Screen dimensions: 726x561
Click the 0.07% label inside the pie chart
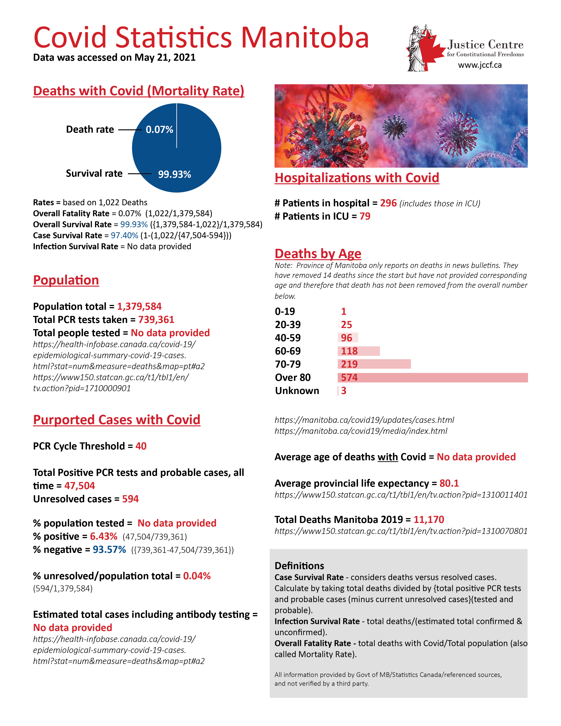[x=159, y=129]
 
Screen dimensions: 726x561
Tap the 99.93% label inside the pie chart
[x=174, y=174]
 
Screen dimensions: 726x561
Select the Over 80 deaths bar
[x=432, y=378]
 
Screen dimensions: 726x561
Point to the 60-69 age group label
[x=288, y=351]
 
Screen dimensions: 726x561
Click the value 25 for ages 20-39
[x=346, y=325]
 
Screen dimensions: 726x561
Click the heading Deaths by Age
[x=318, y=254]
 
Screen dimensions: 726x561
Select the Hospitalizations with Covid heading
[x=357, y=178]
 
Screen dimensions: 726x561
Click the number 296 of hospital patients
[x=388, y=203]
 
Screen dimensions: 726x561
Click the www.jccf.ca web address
[x=480, y=65]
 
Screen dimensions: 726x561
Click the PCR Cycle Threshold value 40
[x=141, y=446]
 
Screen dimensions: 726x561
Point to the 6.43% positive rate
[x=104, y=537]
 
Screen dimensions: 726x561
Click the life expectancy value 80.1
[x=449, y=483]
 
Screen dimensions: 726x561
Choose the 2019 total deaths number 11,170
[x=429, y=520]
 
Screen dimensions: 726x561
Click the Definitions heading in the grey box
[x=299, y=566]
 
